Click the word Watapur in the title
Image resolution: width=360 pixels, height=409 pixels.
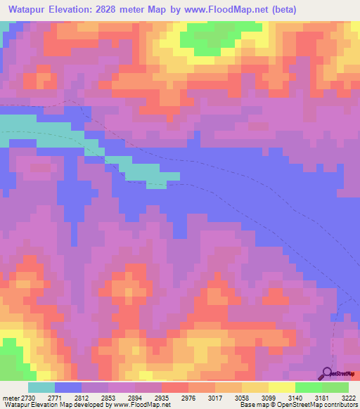click(x=29, y=10)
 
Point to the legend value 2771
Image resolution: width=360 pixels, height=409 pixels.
click(x=55, y=398)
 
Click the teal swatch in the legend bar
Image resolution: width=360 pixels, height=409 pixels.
click(x=41, y=387)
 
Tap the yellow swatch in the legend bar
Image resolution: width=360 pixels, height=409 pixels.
click(x=282, y=387)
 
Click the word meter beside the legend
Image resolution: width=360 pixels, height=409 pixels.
click(x=8, y=398)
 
